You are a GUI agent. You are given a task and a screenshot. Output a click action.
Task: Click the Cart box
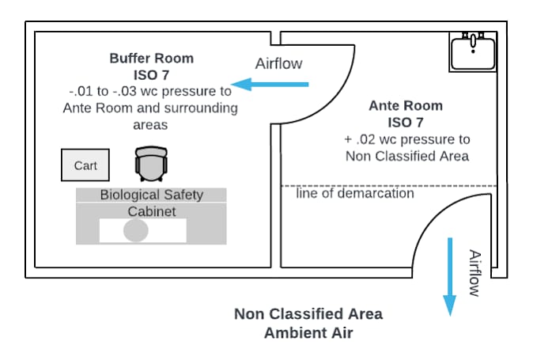coord(85,165)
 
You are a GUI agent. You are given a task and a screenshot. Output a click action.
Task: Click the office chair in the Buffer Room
coord(151,164)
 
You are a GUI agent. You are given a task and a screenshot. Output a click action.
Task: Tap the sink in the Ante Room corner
coord(473,52)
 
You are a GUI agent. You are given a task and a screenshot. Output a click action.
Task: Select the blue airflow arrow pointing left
coord(270,85)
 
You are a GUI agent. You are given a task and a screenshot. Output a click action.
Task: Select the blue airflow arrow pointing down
coord(450,277)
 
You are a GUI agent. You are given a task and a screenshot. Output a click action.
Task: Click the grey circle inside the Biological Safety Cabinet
coord(136,230)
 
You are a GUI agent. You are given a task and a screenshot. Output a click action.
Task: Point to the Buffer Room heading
coord(152,59)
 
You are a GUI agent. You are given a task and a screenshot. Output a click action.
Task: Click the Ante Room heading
coord(406,106)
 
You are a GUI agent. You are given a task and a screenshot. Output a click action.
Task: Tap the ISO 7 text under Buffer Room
coord(151,75)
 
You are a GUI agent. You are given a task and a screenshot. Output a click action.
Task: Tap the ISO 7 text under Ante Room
coord(406,123)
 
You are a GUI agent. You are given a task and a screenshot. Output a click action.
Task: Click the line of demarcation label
coord(355,193)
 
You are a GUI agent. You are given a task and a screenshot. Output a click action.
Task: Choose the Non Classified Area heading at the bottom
coord(308,314)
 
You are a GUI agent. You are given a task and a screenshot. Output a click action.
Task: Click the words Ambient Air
coord(308,333)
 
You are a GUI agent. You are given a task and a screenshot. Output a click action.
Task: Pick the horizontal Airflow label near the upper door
coord(278,63)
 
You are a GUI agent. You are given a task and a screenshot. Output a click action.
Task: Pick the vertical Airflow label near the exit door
coord(474,273)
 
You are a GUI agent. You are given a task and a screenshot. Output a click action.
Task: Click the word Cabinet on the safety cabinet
coord(152,211)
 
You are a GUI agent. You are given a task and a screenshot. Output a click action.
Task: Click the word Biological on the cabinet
coord(130,195)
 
